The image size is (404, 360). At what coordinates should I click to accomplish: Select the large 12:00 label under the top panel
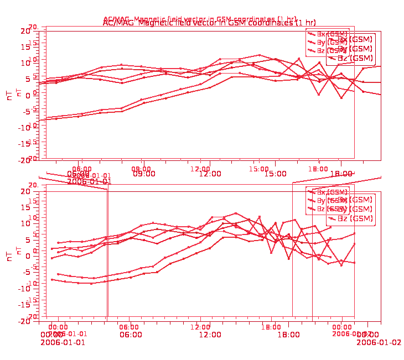pyautogui.click(x=210, y=174)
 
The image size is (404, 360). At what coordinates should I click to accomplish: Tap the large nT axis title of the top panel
pyautogui.click(x=9, y=95)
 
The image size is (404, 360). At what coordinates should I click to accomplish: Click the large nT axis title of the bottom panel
pyautogui.click(x=9, y=255)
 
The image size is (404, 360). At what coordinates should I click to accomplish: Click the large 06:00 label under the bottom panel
pyautogui.click(x=131, y=335)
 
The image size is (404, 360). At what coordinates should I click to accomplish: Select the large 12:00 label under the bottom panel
pyautogui.click(x=210, y=335)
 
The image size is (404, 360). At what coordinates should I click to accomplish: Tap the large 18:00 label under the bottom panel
pyautogui.click(x=289, y=335)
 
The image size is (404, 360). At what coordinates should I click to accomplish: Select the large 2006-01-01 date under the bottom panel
pyautogui.click(x=63, y=342)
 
